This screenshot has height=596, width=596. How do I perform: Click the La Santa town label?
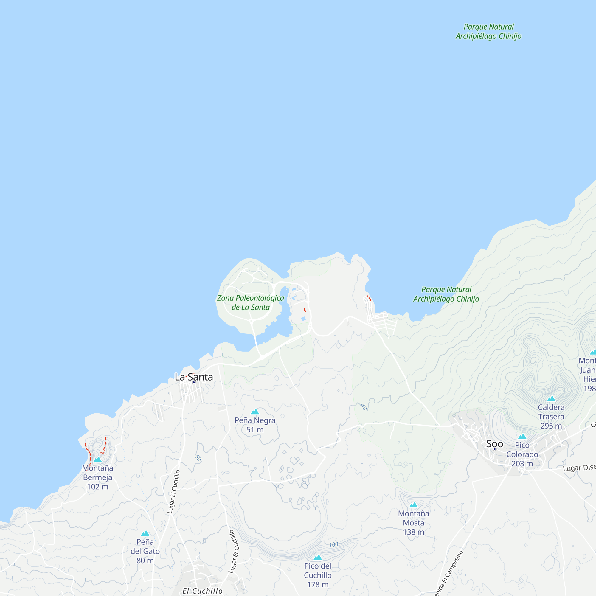pos(194,377)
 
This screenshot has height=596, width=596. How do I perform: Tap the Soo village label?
pos(494,444)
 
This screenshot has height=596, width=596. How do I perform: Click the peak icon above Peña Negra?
pos(255,412)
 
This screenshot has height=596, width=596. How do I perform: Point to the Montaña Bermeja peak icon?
pos(97,460)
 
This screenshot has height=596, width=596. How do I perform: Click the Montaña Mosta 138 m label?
pos(413,523)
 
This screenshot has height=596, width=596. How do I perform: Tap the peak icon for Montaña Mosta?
pos(413,505)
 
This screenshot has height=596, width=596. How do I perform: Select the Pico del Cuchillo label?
pos(317,575)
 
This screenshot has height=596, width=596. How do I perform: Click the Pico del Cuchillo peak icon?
pos(317,558)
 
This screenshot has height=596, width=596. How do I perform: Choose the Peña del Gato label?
pos(145,551)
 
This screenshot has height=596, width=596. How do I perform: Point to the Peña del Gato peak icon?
pos(145,533)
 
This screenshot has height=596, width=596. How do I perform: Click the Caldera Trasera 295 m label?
pos(551,417)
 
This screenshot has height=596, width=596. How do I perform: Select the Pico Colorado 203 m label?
pos(522,454)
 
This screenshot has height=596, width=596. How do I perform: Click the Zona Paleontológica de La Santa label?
pos(251,303)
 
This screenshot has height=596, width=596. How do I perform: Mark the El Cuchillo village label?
pos(202,591)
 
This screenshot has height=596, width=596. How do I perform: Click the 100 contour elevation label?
pos(333,545)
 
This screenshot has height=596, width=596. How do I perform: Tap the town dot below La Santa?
pos(194,383)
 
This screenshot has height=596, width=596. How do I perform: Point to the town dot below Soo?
pos(494,449)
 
